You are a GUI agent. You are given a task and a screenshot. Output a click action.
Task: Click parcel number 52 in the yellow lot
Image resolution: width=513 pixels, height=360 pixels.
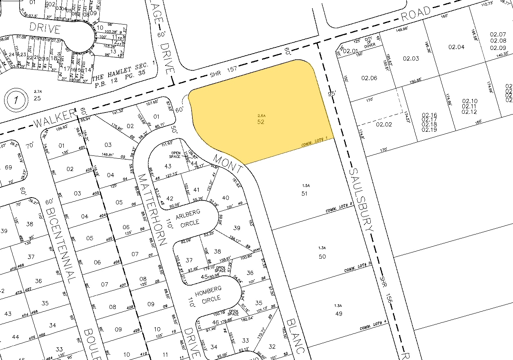(x=260, y=122)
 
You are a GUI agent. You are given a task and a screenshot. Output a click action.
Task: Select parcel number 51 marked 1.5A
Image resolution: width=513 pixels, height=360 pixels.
(x=304, y=193)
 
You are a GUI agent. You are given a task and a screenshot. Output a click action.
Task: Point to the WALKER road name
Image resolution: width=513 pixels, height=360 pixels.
(x=55, y=119)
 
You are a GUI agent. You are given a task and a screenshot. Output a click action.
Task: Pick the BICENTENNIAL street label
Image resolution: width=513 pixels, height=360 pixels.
(x=61, y=245)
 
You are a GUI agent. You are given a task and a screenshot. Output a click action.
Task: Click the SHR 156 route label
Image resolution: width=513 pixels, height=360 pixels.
(x=386, y=296)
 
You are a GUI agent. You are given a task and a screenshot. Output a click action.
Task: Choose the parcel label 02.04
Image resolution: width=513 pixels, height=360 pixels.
(x=457, y=47)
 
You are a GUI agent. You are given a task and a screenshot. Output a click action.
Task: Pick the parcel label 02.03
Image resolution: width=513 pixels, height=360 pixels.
(x=410, y=59)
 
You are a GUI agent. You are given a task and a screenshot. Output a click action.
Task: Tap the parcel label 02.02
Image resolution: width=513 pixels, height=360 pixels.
(x=384, y=124)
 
